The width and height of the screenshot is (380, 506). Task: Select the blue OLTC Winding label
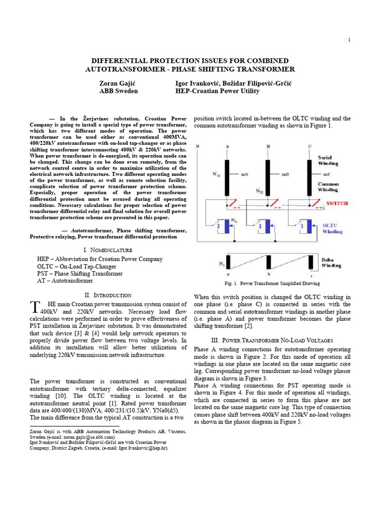pyautogui.click(x=332, y=228)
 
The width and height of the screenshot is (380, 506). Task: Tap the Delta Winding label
pyautogui.click(x=331, y=262)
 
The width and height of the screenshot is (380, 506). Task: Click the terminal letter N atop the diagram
pyautogui.click(x=197, y=146)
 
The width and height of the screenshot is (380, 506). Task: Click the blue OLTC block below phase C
pyautogui.click(x=311, y=225)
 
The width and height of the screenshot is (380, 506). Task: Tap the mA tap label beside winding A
pyautogui.click(x=244, y=174)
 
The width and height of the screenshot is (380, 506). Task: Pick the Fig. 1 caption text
pyautogui.click(x=272, y=284)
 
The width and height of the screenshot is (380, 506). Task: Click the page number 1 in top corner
pyautogui.click(x=349, y=40)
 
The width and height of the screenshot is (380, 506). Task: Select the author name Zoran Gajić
pyautogui.click(x=118, y=83)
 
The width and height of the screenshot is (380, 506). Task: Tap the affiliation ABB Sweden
pyautogui.click(x=118, y=91)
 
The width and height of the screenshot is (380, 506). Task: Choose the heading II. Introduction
pyautogui.click(x=108, y=295)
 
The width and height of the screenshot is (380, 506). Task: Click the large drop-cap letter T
pyautogui.click(x=34, y=308)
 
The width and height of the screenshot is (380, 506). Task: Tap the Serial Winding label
pyautogui.click(x=329, y=160)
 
